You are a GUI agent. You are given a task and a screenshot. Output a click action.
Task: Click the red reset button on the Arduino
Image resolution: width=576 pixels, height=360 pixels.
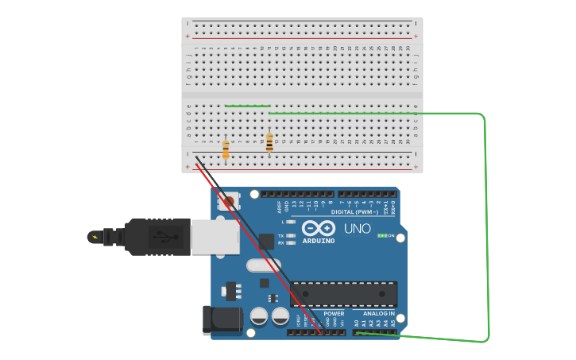[229, 202]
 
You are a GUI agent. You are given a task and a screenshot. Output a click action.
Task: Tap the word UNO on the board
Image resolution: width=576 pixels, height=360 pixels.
[358, 229]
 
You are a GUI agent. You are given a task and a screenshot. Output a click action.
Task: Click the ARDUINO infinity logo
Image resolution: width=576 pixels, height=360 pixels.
[319, 227]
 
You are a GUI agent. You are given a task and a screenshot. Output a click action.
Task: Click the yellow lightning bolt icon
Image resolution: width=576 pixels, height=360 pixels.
[97, 236]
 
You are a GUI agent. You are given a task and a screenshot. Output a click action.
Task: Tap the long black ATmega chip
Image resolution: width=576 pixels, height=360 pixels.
[343, 294]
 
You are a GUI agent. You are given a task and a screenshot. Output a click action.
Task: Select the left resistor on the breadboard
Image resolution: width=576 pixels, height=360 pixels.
[226, 149]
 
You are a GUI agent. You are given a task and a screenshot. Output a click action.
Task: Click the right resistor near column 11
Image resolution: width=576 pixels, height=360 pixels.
[269, 142]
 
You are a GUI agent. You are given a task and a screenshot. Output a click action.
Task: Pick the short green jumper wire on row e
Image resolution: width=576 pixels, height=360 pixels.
[247, 106]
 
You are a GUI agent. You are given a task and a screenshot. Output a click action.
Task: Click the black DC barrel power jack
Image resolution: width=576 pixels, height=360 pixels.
[222, 319]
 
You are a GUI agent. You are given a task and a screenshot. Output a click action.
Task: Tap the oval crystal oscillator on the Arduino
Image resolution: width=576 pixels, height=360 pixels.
[264, 265]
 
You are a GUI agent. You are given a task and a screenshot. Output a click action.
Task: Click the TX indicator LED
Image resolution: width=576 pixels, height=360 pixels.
[292, 235]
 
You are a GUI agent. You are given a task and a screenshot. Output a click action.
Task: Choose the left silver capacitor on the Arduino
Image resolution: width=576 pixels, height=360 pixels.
[259, 316]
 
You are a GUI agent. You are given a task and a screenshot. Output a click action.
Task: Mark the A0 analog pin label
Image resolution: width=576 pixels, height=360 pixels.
[356, 323]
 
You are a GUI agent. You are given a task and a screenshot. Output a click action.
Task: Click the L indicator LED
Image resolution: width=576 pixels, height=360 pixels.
[292, 222]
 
